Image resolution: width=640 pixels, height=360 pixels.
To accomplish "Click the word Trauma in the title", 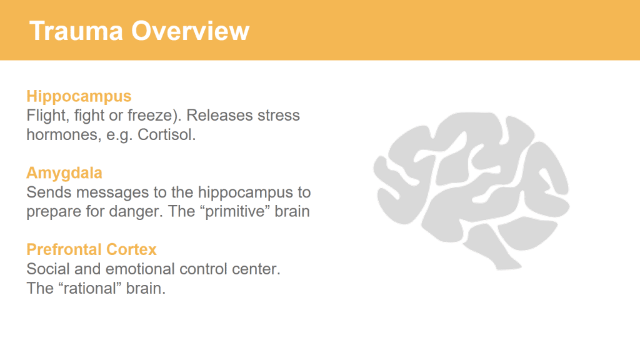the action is (x=76, y=31).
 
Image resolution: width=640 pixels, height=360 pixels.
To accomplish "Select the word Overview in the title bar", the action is (x=190, y=31).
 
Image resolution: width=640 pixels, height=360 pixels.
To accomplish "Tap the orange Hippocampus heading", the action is (x=79, y=97).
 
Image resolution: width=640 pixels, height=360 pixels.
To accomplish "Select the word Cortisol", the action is (x=166, y=135).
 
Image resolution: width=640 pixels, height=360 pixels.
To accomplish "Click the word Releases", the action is (x=219, y=116).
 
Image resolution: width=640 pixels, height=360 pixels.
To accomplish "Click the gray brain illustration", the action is (x=471, y=190).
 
